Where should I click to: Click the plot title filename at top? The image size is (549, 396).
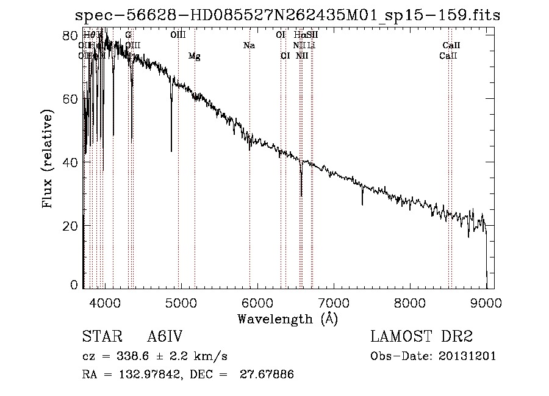[287, 16]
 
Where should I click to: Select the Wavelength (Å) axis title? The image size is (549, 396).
[287, 319]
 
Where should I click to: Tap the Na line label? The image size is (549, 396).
[249, 46]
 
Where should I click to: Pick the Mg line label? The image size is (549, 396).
[194, 56]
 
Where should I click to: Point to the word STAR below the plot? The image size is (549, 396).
[99, 337]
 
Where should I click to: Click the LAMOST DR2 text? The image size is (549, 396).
[422, 337]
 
